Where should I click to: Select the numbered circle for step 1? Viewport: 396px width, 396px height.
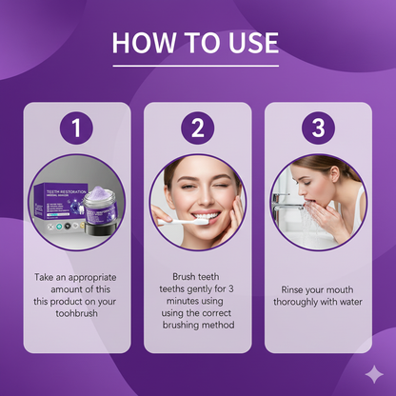(77, 128)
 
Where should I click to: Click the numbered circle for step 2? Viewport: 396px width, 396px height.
(197, 128)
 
